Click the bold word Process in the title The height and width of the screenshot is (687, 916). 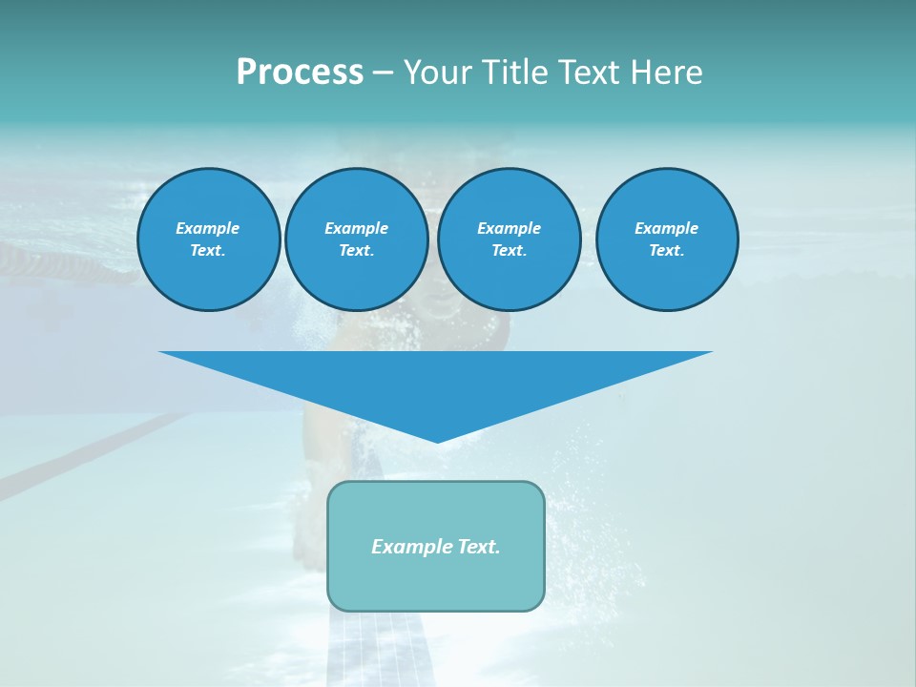click(x=300, y=73)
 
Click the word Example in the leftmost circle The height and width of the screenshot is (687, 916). click(x=208, y=228)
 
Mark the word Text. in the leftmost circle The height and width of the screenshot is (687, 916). click(x=208, y=251)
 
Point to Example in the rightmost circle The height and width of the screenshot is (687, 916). click(x=666, y=228)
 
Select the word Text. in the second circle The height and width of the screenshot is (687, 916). click(x=356, y=251)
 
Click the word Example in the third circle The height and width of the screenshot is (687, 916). click(x=509, y=228)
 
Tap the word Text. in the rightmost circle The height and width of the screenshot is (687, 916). click(x=666, y=251)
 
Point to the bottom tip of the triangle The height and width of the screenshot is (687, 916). click(x=436, y=440)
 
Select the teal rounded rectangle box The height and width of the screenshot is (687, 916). click(x=436, y=582)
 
